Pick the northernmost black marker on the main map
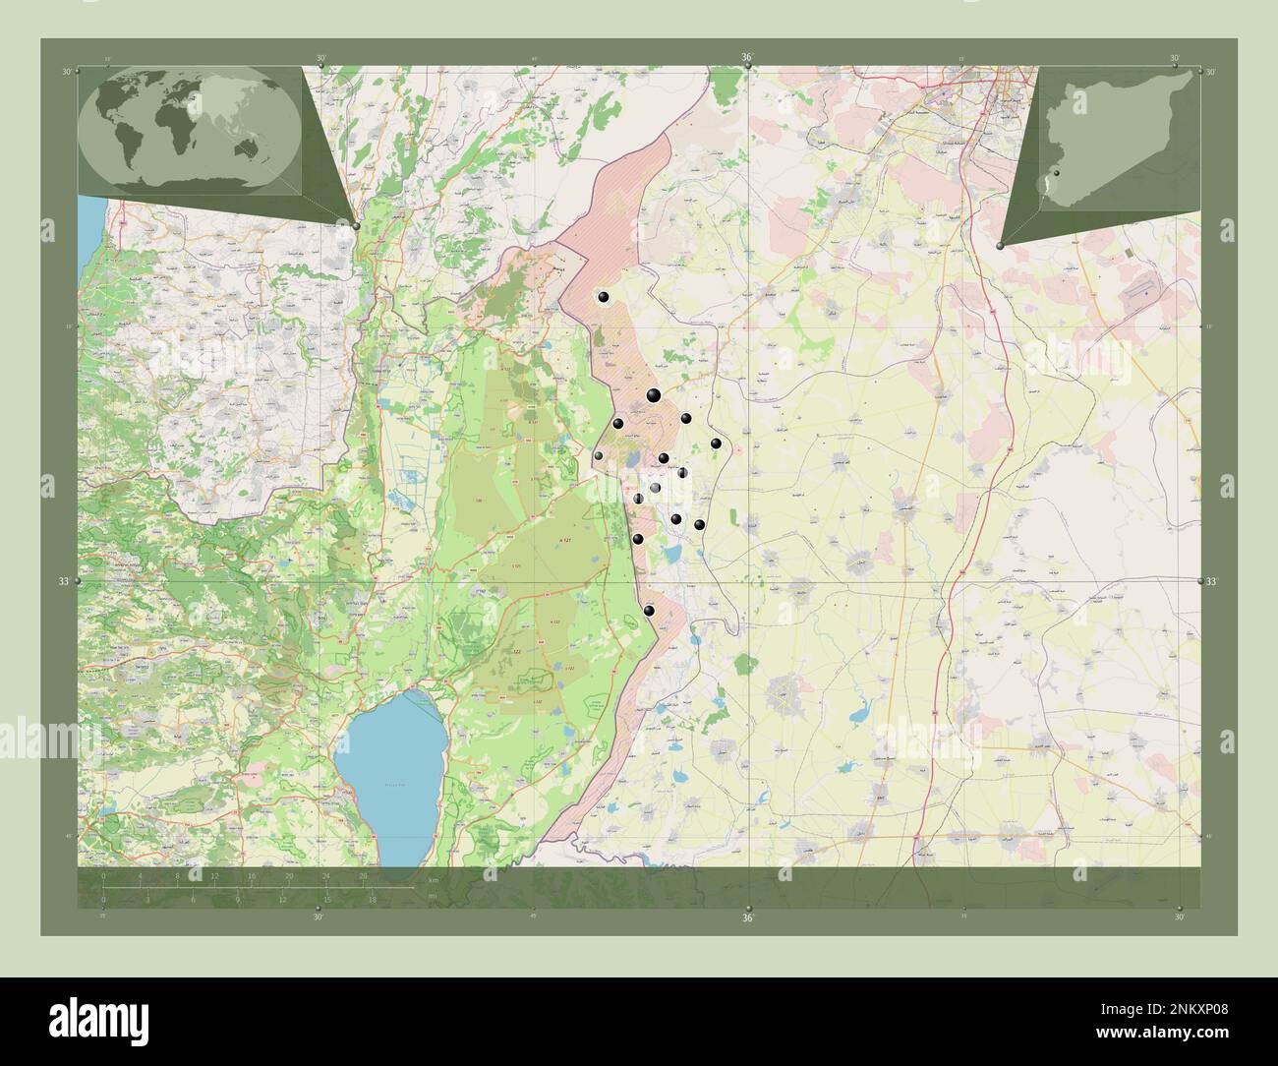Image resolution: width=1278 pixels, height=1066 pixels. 604,297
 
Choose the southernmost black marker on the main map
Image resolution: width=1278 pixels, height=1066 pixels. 648,611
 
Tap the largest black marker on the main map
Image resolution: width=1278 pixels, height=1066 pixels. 653,395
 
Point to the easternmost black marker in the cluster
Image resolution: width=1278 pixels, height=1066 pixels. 717,444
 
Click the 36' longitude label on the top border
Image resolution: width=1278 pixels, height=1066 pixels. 747,58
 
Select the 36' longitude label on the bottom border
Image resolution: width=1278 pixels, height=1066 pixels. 747,918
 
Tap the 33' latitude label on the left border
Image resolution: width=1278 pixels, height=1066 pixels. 64,582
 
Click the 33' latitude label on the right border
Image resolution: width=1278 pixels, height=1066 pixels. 1212,582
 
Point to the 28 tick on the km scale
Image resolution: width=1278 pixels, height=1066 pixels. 363,874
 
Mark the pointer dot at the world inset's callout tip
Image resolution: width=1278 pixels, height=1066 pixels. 356,225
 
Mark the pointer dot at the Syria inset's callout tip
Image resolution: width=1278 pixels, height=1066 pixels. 1000,245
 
